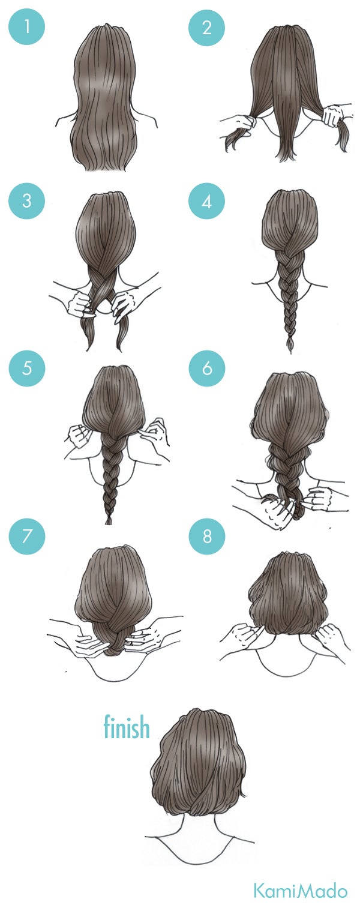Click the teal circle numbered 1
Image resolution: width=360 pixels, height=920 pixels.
point(26,28)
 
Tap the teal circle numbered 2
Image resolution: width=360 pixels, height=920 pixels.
point(206,28)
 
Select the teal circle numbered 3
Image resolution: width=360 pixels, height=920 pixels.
point(26,200)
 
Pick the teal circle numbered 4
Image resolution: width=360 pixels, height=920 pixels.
point(206,200)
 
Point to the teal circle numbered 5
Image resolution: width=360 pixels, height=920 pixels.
point(26,367)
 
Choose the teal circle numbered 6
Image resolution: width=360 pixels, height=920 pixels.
point(206,367)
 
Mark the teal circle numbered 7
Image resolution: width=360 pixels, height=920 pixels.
point(26,535)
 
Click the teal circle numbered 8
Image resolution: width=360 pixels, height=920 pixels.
point(206,535)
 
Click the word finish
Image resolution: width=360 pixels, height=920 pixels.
point(126,727)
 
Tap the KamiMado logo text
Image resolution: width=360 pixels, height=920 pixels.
point(300,891)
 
